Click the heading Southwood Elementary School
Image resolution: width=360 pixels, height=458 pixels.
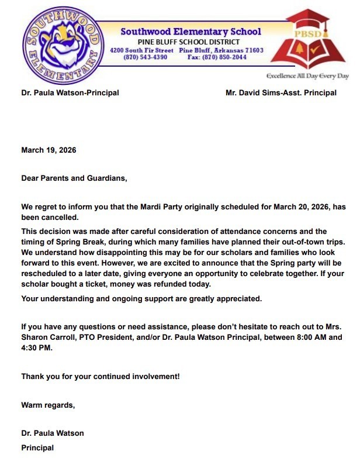(x=191, y=32)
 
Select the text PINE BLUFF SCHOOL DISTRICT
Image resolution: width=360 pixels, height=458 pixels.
(x=189, y=42)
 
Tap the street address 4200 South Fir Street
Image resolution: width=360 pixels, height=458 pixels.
(x=142, y=50)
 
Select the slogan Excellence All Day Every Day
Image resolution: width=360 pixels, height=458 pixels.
(x=307, y=76)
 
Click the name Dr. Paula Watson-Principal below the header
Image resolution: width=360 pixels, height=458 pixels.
(x=70, y=92)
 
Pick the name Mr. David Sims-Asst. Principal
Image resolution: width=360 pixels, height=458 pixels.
(x=281, y=92)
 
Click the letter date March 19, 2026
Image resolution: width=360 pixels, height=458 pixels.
(x=49, y=150)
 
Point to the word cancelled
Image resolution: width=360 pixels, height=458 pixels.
(x=61, y=216)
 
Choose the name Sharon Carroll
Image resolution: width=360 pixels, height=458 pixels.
(x=46, y=338)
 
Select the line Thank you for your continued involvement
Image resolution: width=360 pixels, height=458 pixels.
(x=100, y=376)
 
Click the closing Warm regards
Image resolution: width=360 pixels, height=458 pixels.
(x=48, y=404)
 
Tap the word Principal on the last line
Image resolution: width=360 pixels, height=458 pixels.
(x=37, y=447)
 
